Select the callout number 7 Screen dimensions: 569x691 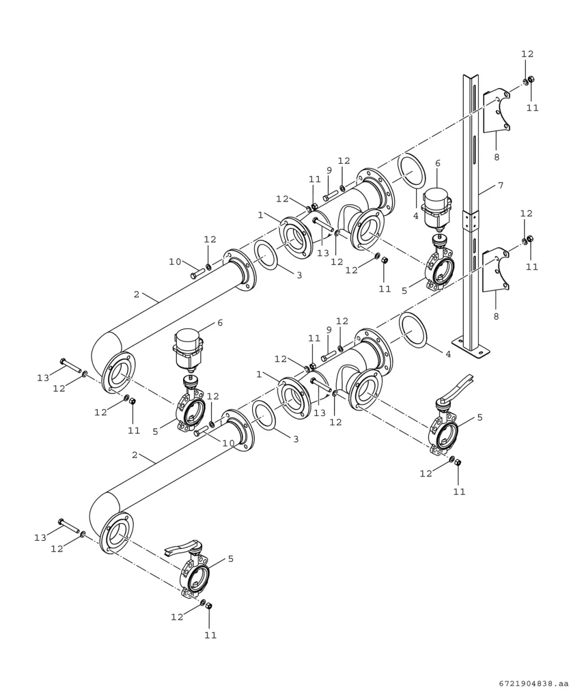pyautogui.click(x=501, y=185)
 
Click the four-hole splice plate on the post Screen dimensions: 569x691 pyautogui.click(x=471, y=221)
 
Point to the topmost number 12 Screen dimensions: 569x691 pyautogui.click(x=527, y=53)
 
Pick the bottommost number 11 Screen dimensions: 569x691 pyautogui.click(x=211, y=635)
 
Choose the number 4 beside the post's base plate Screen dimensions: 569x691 pyautogui.click(x=448, y=354)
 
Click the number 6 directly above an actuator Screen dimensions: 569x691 pyautogui.click(x=438, y=163)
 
